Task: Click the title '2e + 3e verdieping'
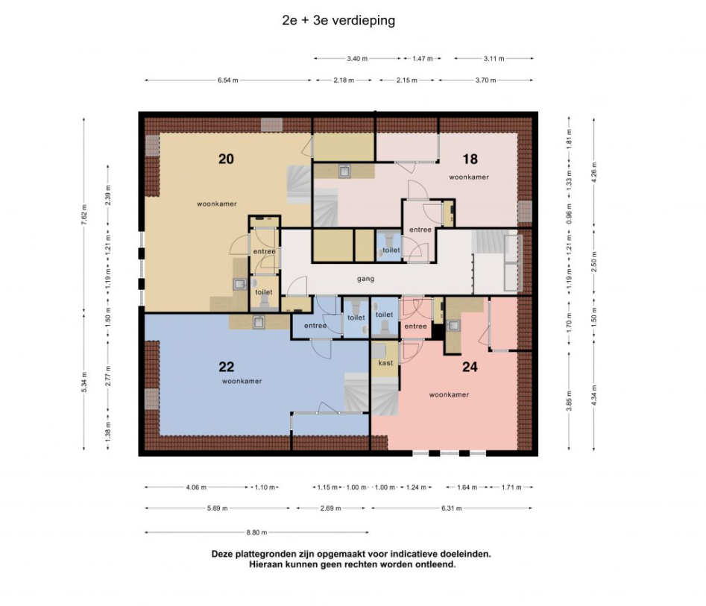pyautogui.click(x=338, y=21)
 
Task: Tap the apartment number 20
pyautogui.click(x=226, y=159)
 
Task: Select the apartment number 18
pyautogui.click(x=470, y=159)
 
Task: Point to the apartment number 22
pyautogui.click(x=227, y=367)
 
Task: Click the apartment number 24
pyautogui.click(x=470, y=367)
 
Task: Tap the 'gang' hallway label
pyautogui.click(x=365, y=279)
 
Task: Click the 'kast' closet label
pyautogui.click(x=385, y=362)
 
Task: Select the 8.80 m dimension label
pyautogui.click(x=256, y=532)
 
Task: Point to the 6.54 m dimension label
pyautogui.click(x=228, y=81)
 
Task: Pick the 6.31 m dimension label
pyautogui.click(x=452, y=508)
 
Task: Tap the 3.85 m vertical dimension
pyautogui.click(x=569, y=401)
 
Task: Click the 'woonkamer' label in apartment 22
pyautogui.click(x=242, y=381)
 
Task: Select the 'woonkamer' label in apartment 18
pyautogui.click(x=469, y=177)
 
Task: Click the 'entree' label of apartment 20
pyautogui.click(x=265, y=251)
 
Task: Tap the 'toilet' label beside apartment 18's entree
pyautogui.click(x=391, y=250)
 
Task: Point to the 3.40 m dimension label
pyautogui.click(x=357, y=59)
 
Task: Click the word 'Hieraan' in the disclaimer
pyautogui.click(x=265, y=564)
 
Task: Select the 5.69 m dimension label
pyautogui.click(x=218, y=508)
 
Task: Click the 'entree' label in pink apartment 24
pyautogui.click(x=415, y=326)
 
